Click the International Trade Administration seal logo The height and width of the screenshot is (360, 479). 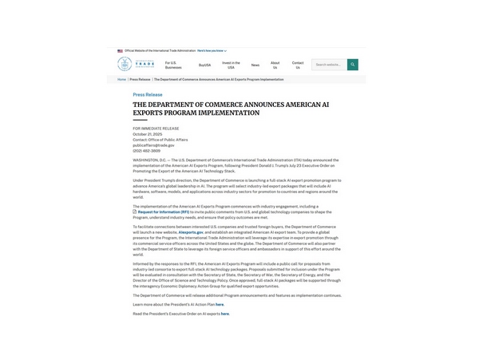tap(125, 64)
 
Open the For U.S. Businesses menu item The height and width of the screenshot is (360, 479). tap(173, 65)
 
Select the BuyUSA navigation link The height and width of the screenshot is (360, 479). tap(205, 65)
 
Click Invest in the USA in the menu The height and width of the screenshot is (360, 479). tap(231, 65)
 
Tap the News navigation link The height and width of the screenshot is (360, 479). tap(255, 65)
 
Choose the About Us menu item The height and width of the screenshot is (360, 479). tap(275, 65)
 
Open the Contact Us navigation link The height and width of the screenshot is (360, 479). tap(298, 65)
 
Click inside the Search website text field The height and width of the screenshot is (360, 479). tap(329, 65)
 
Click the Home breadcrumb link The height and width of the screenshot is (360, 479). tap(121, 79)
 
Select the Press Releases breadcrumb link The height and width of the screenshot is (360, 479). tap(140, 79)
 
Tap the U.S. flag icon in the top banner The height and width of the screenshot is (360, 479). tap(120, 50)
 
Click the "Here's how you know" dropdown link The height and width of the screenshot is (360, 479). tap(212, 50)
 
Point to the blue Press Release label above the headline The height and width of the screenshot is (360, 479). tap(148, 94)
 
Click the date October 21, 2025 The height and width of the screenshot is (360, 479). tap(147, 134)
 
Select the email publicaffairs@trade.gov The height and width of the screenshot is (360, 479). tap(153, 144)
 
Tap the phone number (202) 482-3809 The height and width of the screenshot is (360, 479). tap(147, 150)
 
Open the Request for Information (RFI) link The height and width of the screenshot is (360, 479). tap(163, 212)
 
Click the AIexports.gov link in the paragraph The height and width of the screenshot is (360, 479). tap(191, 231)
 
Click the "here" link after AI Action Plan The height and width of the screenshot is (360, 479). tap(220, 304)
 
